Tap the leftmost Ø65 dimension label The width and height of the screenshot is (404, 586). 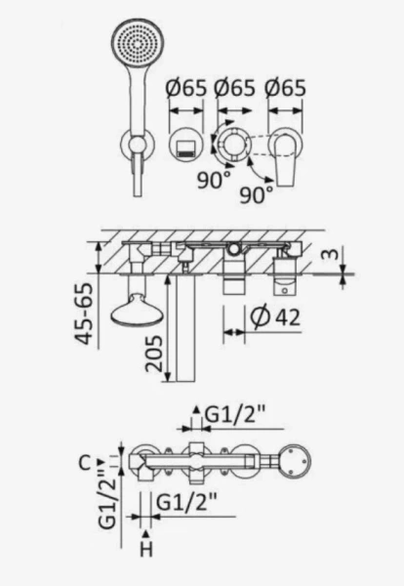pos(185,89)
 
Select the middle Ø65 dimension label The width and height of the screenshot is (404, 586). pos(234,89)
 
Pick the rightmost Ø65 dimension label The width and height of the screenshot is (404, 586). pos(285,89)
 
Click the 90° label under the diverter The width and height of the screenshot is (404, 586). pos(214,181)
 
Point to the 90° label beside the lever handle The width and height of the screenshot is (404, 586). pos(256,194)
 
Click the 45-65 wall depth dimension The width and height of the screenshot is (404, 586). pos(83,314)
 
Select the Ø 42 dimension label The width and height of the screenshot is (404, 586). pos(275,317)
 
